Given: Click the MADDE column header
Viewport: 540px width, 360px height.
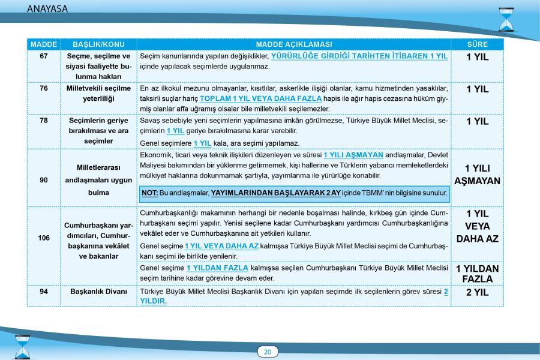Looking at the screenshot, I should [43, 44].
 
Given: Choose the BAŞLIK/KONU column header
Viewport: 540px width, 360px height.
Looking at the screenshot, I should [94, 44].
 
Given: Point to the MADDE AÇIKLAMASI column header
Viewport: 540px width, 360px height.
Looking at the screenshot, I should [293, 44].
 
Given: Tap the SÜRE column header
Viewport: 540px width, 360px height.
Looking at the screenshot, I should [477, 44].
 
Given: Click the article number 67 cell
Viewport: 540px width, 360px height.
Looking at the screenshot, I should [43, 56].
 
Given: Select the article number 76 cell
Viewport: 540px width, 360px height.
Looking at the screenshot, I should [43, 88].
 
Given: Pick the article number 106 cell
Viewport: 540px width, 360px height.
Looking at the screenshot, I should [43, 238].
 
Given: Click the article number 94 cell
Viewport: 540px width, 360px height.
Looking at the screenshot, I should [43, 292].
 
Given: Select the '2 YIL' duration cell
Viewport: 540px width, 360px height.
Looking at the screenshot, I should [477, 293].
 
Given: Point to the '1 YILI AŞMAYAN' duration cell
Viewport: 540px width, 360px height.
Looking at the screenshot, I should [477, 174].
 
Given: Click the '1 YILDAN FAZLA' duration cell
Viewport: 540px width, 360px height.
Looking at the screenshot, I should [477, 274].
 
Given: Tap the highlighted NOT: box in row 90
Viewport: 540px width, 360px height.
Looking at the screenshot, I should [294, 193].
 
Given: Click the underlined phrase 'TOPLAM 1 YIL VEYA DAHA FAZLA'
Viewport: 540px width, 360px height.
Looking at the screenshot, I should [261, 98].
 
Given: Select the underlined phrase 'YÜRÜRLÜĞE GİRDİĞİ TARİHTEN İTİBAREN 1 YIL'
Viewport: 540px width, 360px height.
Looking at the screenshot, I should [359, 56].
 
